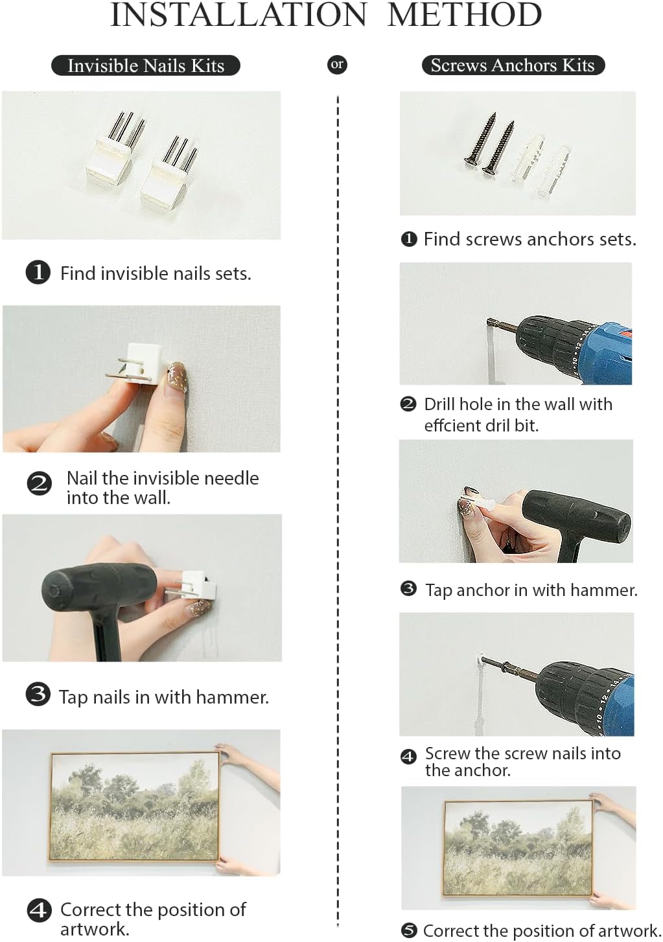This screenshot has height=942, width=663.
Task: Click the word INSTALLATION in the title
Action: [238, 15]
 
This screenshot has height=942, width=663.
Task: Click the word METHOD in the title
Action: [464, 15]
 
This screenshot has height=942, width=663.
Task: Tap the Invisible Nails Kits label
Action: [146, 65]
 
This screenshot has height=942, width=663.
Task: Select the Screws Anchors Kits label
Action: [513, 65]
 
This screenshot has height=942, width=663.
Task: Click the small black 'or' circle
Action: [337, 65]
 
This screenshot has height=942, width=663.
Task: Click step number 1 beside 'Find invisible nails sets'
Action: [38, 273]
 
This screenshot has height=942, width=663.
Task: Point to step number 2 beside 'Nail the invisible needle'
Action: [40, 483]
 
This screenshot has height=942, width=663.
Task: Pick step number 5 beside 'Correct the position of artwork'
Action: [409, 930]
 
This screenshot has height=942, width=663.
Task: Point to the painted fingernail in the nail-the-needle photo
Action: [178, 376]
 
